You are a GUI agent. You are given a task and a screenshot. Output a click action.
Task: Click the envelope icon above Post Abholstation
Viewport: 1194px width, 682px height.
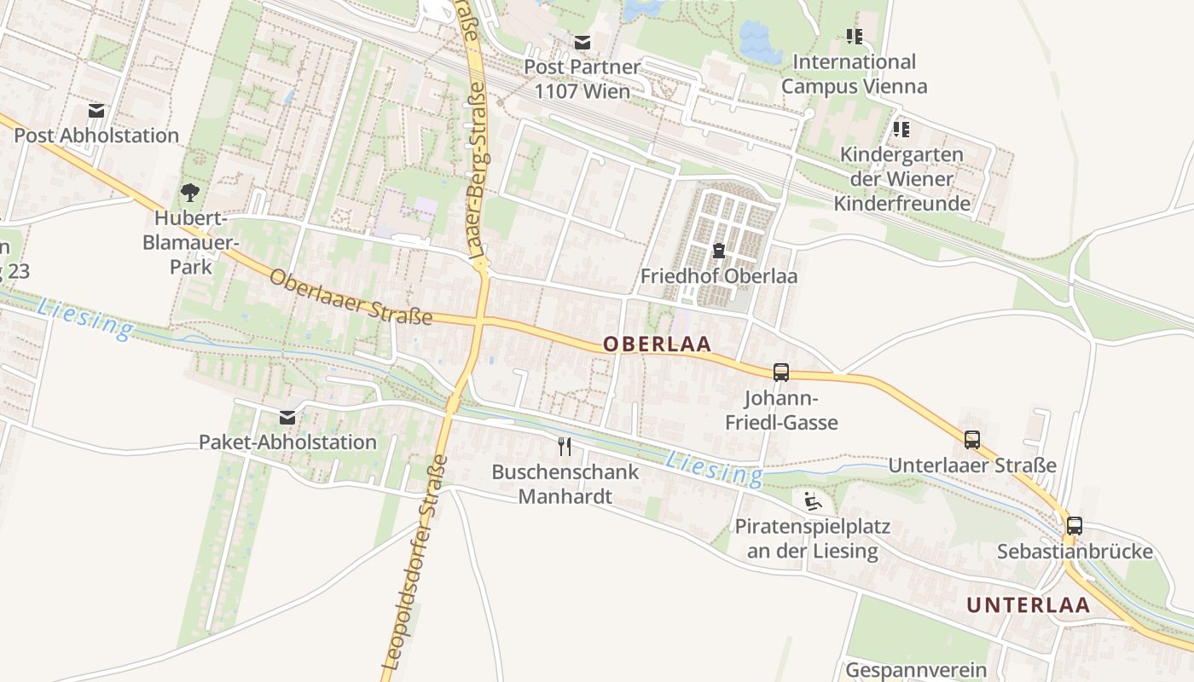[96, 111]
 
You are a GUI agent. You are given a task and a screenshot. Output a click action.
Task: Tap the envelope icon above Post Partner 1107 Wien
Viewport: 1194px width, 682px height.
[583, 43]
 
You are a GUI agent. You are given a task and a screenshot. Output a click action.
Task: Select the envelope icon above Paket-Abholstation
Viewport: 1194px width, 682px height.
[287, 418]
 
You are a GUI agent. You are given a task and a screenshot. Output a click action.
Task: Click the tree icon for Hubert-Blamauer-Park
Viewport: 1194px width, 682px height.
[189, 193]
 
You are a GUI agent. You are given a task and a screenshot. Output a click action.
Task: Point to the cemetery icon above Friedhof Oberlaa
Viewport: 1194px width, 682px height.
[718, 251]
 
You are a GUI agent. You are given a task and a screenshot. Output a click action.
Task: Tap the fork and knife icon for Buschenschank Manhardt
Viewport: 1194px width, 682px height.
[565, 446]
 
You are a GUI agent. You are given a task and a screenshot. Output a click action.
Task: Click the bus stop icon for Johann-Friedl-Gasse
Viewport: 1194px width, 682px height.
[781, 373]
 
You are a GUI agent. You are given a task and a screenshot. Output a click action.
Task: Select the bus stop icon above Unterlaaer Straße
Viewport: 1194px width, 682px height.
[972, 440]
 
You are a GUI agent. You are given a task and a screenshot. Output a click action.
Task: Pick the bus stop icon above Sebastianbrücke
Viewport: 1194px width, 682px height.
[1075, 526]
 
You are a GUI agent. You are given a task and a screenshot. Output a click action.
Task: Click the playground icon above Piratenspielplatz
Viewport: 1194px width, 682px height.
[813, 500]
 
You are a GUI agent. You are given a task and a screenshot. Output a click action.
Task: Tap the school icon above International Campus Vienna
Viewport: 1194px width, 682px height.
[855, 37]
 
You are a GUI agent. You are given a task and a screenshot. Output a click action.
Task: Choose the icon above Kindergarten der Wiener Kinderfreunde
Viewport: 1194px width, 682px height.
[901, 130]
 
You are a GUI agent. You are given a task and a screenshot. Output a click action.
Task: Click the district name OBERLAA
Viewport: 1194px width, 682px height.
[657, 344]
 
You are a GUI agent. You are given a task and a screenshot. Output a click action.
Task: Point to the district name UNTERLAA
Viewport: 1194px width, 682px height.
[1028, 605]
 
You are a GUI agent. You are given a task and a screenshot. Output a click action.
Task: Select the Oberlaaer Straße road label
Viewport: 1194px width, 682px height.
[351, 298]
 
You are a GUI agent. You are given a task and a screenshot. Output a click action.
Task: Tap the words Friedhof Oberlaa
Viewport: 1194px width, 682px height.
[719, 276]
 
